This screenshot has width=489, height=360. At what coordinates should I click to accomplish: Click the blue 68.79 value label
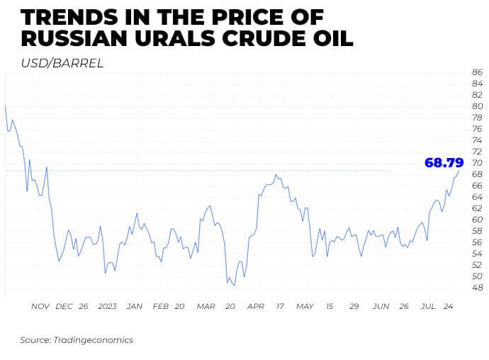coord(444,162)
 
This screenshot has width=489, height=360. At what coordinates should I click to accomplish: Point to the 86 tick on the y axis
coord(477,72)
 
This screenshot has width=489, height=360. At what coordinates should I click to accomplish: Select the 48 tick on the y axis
coord(477,288)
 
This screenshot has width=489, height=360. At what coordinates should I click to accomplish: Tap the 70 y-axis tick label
coord(477,163)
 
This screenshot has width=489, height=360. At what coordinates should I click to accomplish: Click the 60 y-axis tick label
coord(477,220)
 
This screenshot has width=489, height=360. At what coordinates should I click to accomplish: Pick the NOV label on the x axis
coord(40,306)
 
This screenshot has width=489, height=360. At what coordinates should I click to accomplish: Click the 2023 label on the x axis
coord(107,306)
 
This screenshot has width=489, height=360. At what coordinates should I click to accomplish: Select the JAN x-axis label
coord(134,306)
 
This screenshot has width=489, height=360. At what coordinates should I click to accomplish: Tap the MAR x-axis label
coord(206,306)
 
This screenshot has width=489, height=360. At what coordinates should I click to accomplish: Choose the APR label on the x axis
coord(255,306)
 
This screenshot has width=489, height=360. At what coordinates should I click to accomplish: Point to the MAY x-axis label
coord(305,306)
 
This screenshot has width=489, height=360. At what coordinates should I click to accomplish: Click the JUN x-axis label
coord(381,306)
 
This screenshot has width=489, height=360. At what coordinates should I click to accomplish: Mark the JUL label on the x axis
coord(427,306)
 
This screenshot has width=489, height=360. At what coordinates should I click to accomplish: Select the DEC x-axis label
coord(64,306)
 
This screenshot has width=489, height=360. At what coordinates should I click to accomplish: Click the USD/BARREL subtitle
coord(62,63)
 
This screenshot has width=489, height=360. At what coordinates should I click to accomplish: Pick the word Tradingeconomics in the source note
coord(93,340)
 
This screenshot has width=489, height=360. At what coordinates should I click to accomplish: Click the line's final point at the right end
coord(459,171)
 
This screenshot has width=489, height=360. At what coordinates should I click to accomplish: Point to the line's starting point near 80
coord(6,106)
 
